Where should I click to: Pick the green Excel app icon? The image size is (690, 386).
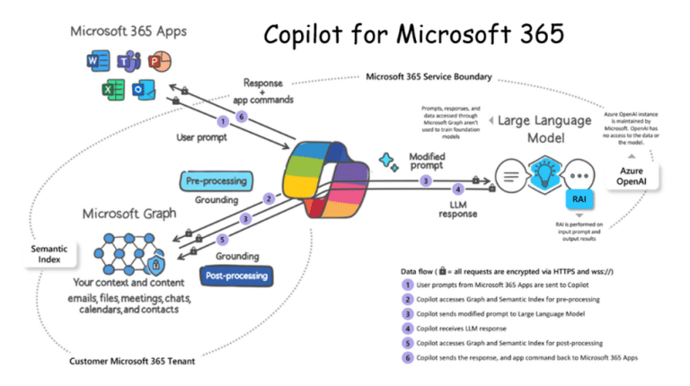click(x=109, y=90)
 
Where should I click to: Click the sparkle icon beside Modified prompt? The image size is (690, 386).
click(x=388, y=162)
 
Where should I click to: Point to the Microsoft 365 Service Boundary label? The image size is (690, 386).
click(x=429, y=77)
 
